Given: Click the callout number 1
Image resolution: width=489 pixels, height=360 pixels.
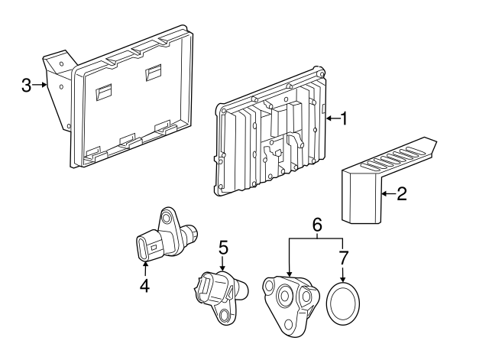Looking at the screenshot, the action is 343,118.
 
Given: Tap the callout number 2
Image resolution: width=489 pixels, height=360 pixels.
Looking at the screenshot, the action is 401,193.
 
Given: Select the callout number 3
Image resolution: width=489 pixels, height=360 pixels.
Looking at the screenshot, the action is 27,85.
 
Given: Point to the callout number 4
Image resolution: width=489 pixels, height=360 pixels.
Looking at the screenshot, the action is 144,285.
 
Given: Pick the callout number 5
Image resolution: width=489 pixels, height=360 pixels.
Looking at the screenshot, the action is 223,248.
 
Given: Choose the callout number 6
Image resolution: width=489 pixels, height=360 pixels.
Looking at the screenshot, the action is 317,225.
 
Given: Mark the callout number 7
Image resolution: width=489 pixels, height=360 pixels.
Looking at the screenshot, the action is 343,258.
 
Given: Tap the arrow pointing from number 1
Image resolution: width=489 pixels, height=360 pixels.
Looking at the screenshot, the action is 333,118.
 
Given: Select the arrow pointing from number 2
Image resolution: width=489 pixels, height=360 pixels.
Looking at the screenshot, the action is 389,193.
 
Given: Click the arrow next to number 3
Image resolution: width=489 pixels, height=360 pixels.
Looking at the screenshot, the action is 40,85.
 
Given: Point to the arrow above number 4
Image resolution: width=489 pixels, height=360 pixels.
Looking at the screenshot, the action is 145,269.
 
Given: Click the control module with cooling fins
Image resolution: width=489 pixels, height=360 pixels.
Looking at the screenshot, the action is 270,132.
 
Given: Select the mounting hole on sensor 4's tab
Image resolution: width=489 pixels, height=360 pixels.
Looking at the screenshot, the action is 166,217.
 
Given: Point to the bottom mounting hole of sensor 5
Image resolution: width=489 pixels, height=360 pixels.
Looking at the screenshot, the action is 225,316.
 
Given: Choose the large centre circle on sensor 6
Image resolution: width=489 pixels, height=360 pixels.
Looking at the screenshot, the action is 285,296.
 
